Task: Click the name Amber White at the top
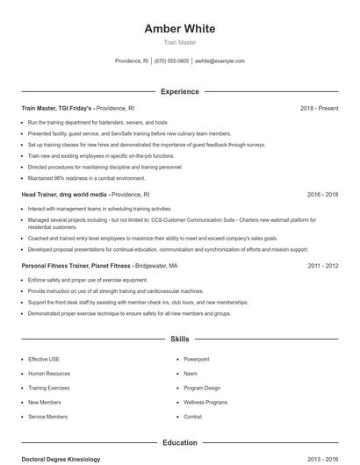[179, 29]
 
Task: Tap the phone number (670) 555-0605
[171, 61]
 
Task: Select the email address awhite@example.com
[220, 61]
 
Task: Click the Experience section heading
[179, 91]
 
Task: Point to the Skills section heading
[179, 338]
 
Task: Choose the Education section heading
[179, 443]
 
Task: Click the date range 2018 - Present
[319, 108]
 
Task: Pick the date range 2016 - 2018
[322, 194]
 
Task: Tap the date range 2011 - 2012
[322, 265]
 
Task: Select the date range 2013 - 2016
[322, 459]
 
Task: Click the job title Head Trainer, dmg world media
[64, 194]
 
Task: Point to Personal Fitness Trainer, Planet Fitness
[76, 265]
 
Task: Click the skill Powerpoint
[197, 359]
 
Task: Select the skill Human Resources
[48, 373]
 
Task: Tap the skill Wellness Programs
[205, 402]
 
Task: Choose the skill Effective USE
[44, 359]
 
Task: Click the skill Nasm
[191, 373]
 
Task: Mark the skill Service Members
[47, 416]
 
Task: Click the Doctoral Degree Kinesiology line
[61, 459]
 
